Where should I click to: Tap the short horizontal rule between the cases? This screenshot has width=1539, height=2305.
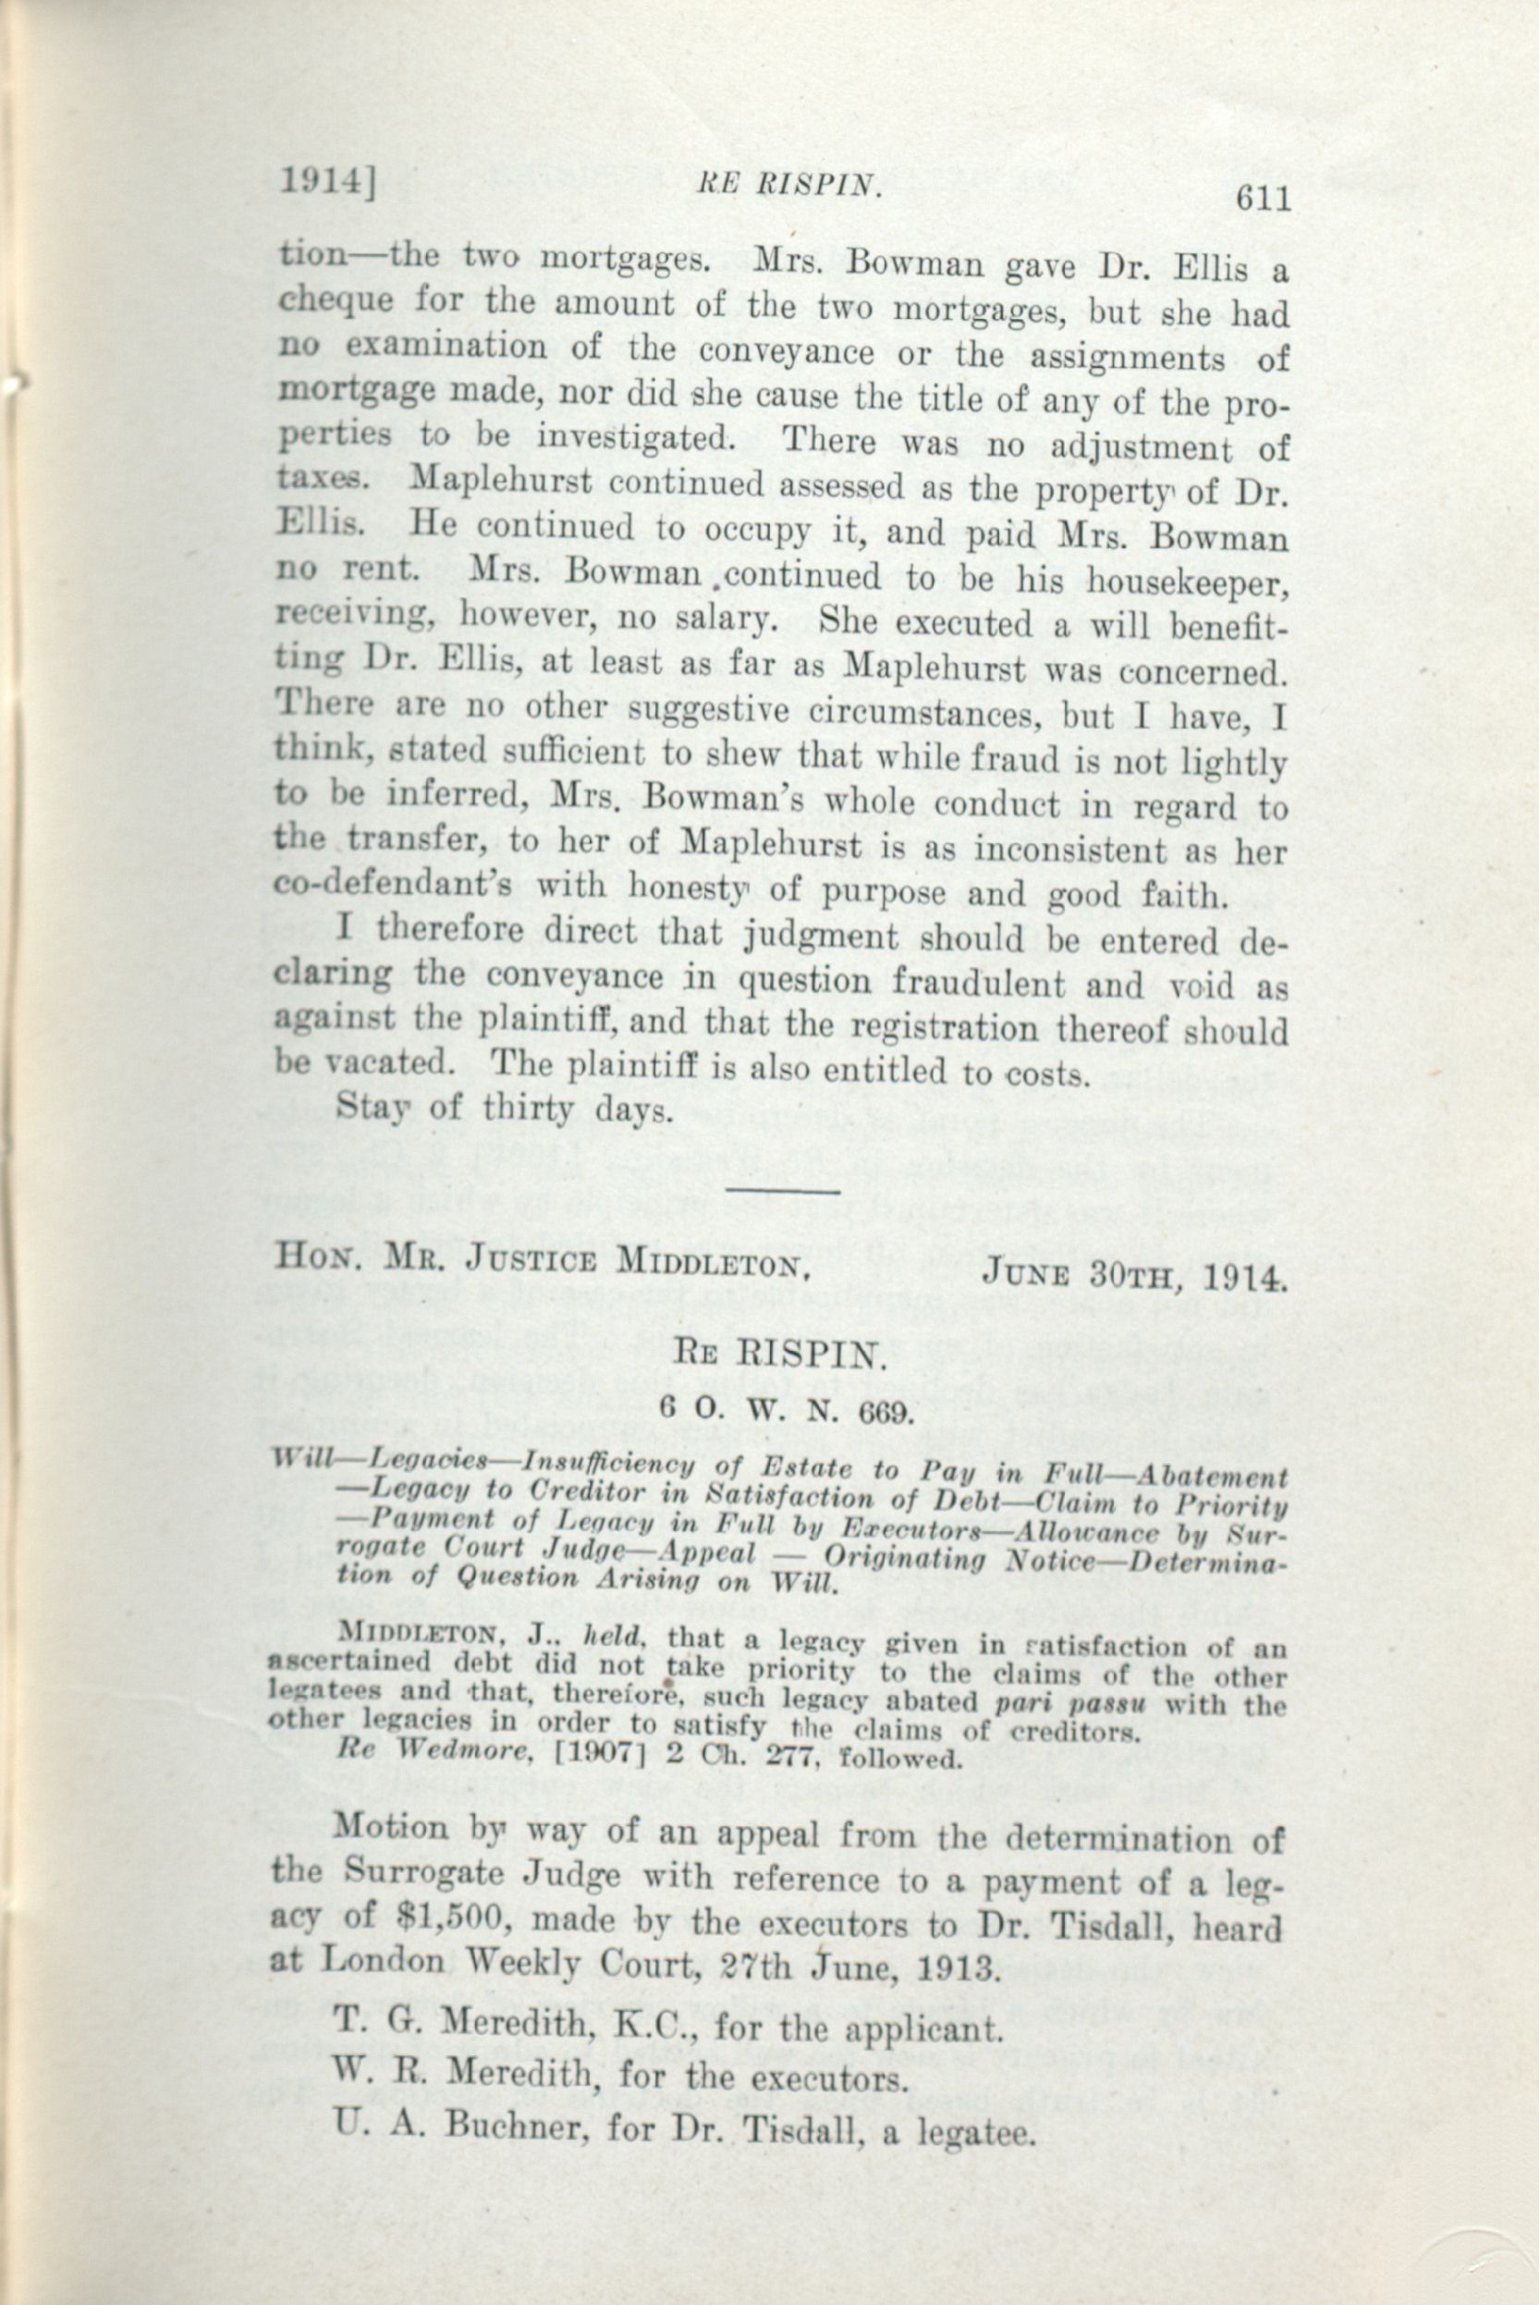(x=781, y=1192)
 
